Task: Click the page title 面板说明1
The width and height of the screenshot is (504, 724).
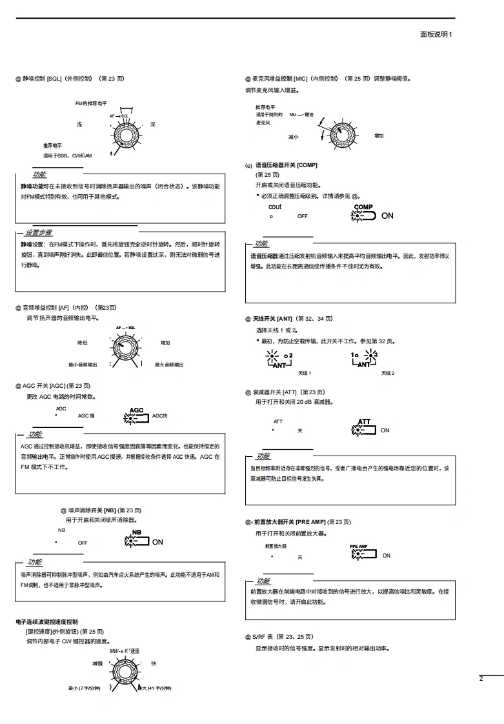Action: (x=436, y=34)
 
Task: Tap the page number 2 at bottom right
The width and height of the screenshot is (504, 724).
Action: (x=481, y=678)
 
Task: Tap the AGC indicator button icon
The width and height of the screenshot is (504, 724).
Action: (x=136, y=417)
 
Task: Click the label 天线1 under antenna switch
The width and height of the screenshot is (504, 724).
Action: (x=305, y=373)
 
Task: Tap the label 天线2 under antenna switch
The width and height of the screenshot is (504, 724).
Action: (x=387, y=373)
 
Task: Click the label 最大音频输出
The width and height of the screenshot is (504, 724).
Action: (x=169, y=365)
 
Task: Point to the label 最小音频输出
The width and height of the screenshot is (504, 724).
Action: (x=83, y=365)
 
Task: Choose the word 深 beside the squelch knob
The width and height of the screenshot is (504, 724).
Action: (x=153, y=124)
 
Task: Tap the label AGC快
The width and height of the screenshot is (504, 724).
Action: (x=160, y=416)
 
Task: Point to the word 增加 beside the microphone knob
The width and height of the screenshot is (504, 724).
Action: (x=379, y=136)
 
